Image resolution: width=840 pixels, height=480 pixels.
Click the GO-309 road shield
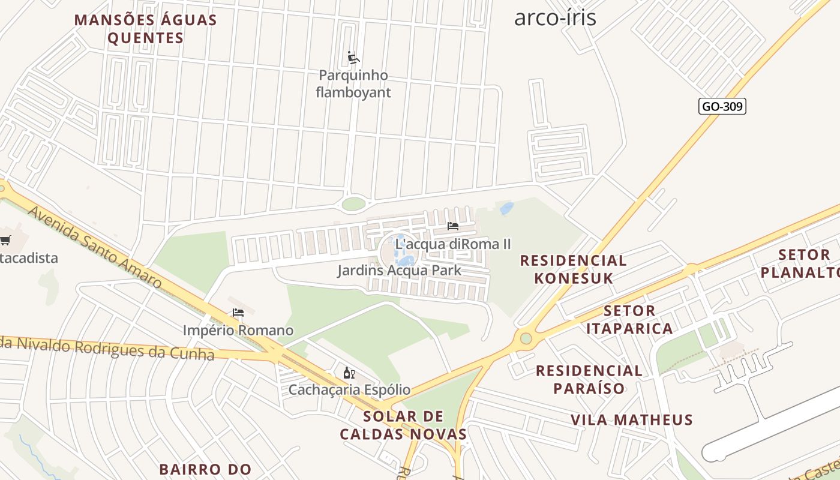[722, 107]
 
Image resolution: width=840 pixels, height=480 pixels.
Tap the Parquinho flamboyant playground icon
[353, 58]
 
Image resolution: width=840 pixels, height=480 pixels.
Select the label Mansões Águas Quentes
[145, 29]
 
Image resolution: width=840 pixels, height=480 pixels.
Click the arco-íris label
[555, 17]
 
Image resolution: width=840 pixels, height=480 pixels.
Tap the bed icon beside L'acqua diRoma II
[453, 226]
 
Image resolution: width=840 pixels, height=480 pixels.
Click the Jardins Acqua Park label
[399, 270]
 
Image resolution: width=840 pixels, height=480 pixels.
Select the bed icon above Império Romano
[238, 313]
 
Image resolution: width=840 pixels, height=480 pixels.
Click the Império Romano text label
[238, 330]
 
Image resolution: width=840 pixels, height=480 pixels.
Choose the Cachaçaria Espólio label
[349, 389]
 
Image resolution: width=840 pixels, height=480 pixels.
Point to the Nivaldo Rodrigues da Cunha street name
[108, 347]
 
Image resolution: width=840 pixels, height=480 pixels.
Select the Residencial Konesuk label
[573, 269]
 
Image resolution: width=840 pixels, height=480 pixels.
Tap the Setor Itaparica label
[629, 319]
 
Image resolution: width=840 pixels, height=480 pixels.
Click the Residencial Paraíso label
[589, 379]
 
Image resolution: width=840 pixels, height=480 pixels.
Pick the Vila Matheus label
[632, 419]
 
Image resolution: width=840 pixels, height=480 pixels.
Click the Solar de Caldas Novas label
[403, 425]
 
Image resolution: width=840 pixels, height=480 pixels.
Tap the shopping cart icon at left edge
[5, 241]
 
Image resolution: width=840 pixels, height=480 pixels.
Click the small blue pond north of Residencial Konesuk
[507, 208]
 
